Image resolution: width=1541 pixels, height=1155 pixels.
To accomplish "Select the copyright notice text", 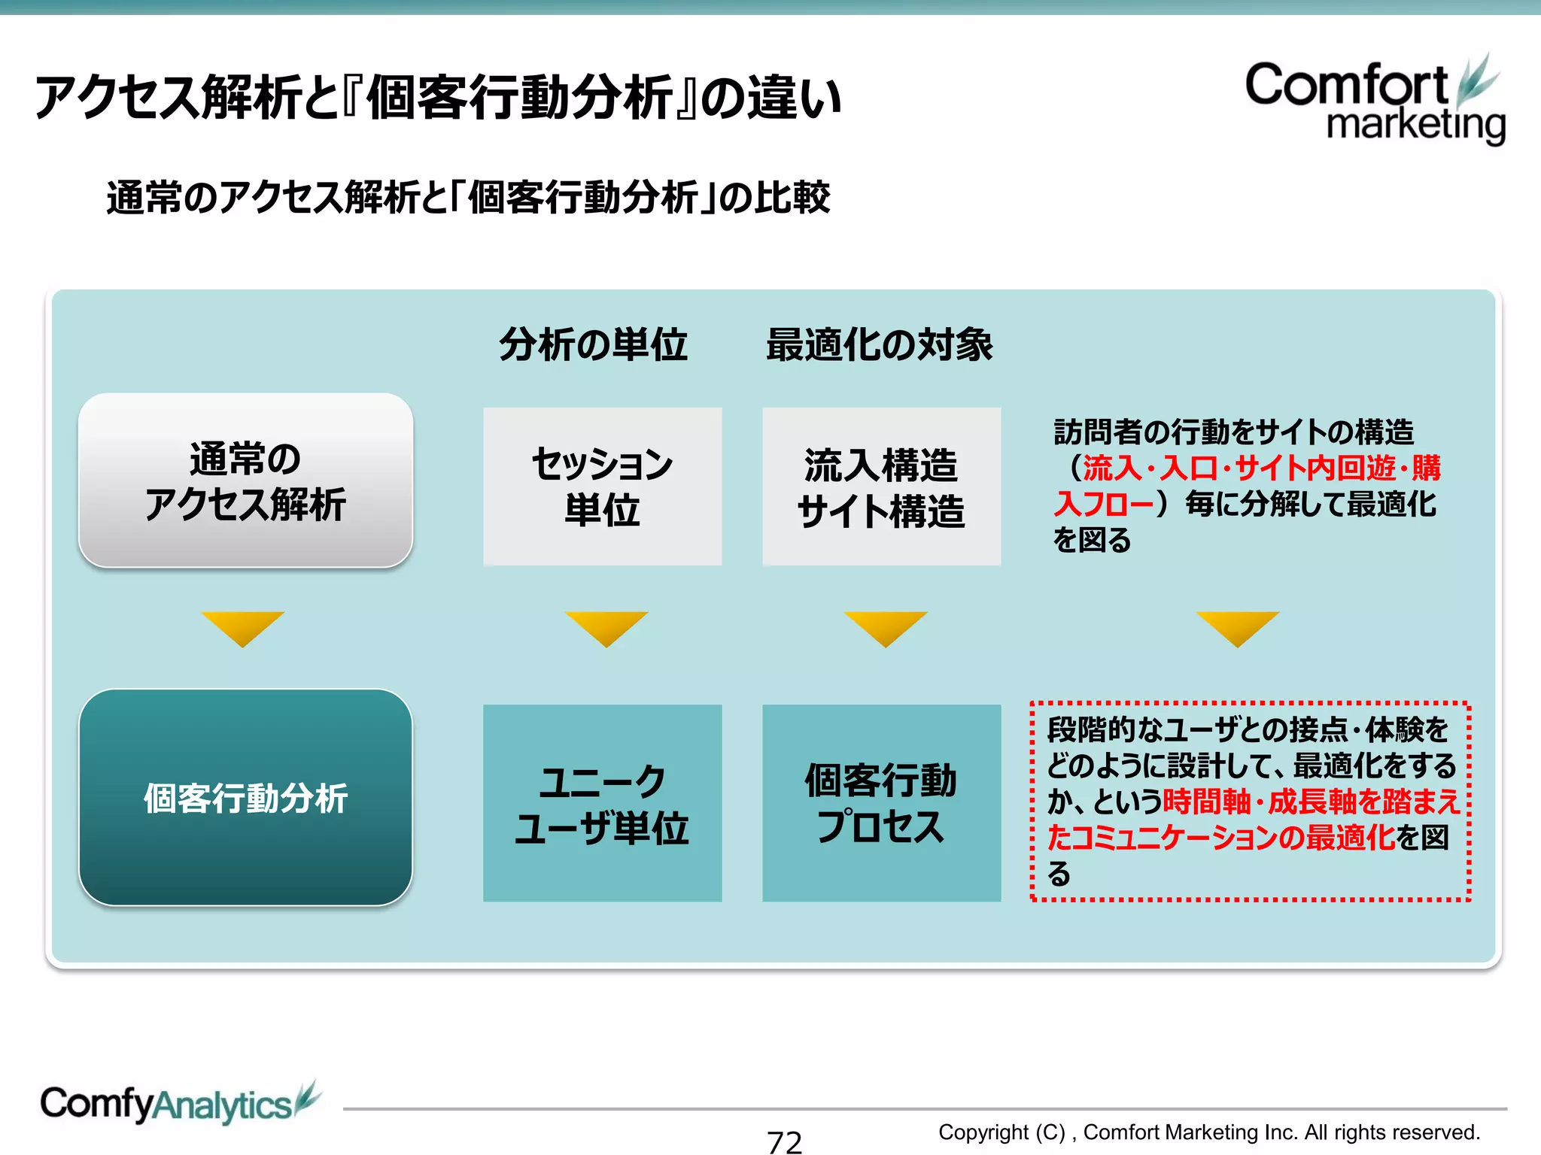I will click(x=1208, y=1132).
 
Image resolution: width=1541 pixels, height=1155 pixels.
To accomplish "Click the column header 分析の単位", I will click(x=593, y=345).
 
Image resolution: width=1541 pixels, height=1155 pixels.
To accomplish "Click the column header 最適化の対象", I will click(x=879, y=345).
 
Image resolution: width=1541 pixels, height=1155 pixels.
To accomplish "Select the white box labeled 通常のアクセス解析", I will click(x=245, y=480).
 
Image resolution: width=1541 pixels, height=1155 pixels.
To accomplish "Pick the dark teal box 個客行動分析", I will click(x=245, y=798).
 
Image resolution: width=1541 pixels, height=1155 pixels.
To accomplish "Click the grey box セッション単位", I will click(x=602, y=487).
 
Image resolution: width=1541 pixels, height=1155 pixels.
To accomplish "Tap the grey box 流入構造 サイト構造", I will click(x=881, y=487).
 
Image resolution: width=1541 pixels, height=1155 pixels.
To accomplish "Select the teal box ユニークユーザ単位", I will click(x=602, y=803).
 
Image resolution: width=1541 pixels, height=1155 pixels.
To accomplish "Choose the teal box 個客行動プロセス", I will click(x=881, y=803).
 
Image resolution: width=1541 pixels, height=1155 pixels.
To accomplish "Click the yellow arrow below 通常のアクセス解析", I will click(x=243, y=626).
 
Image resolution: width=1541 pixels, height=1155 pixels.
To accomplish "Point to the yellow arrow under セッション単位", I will click(x=606, y=626).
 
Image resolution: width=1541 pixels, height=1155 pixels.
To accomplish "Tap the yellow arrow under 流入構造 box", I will click(x=886, y=626).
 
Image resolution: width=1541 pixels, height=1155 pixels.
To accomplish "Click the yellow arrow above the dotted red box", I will click(x=1238, y=626).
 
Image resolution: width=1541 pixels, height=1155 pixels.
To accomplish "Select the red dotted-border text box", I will click(x=1250, y=802).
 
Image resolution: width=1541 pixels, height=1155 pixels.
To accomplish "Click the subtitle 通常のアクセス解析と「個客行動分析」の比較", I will click(x=468, y=198).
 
